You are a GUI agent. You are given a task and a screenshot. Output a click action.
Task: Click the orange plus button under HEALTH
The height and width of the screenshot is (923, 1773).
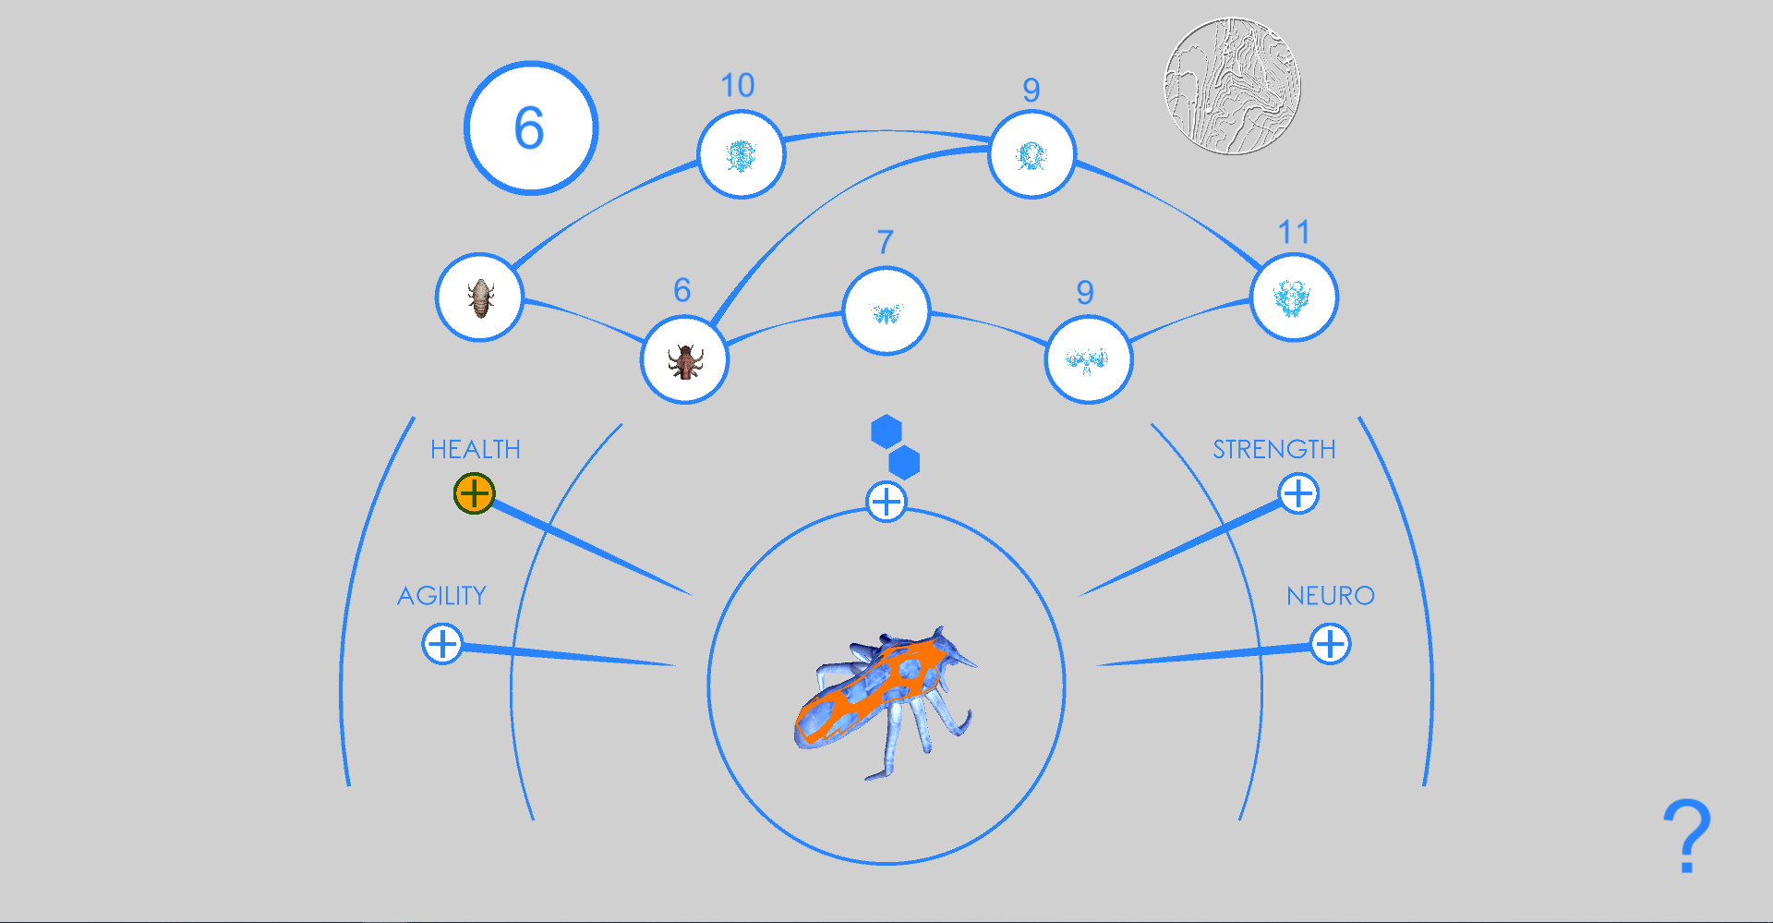475,493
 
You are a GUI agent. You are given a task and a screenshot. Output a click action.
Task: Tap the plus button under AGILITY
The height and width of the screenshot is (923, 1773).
442,643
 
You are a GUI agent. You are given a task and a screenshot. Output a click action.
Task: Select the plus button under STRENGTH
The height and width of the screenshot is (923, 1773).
1298,493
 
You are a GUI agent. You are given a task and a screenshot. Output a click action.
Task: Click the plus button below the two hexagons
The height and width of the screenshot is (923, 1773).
886,502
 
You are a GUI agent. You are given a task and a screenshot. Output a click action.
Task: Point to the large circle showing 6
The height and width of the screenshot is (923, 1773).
531,128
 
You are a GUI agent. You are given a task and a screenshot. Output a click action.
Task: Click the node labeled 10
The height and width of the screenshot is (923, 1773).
741,154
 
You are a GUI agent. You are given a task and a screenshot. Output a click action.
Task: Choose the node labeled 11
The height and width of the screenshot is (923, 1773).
1294,298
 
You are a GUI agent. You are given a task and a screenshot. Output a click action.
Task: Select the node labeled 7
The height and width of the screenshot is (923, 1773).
886,311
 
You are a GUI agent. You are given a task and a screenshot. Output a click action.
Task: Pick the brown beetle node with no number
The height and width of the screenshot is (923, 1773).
480,298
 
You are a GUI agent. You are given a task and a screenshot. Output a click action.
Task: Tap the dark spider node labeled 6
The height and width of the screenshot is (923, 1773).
685,360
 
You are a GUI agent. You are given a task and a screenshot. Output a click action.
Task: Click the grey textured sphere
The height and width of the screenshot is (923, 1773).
1232,86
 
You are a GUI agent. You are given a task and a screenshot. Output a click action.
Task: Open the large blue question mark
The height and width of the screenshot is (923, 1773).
1687,836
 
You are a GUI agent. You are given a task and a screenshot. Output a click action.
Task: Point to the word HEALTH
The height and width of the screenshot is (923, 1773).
476,449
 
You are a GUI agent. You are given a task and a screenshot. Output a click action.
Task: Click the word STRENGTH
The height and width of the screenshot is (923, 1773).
1274,449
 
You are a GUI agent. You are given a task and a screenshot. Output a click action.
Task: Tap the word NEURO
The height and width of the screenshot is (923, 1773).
1331,596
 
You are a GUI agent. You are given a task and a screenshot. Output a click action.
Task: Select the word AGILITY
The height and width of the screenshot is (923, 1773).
442,596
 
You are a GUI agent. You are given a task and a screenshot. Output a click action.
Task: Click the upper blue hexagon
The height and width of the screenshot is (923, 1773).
886,431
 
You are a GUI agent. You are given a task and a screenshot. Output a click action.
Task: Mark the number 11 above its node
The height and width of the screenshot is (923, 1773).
1294,232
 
